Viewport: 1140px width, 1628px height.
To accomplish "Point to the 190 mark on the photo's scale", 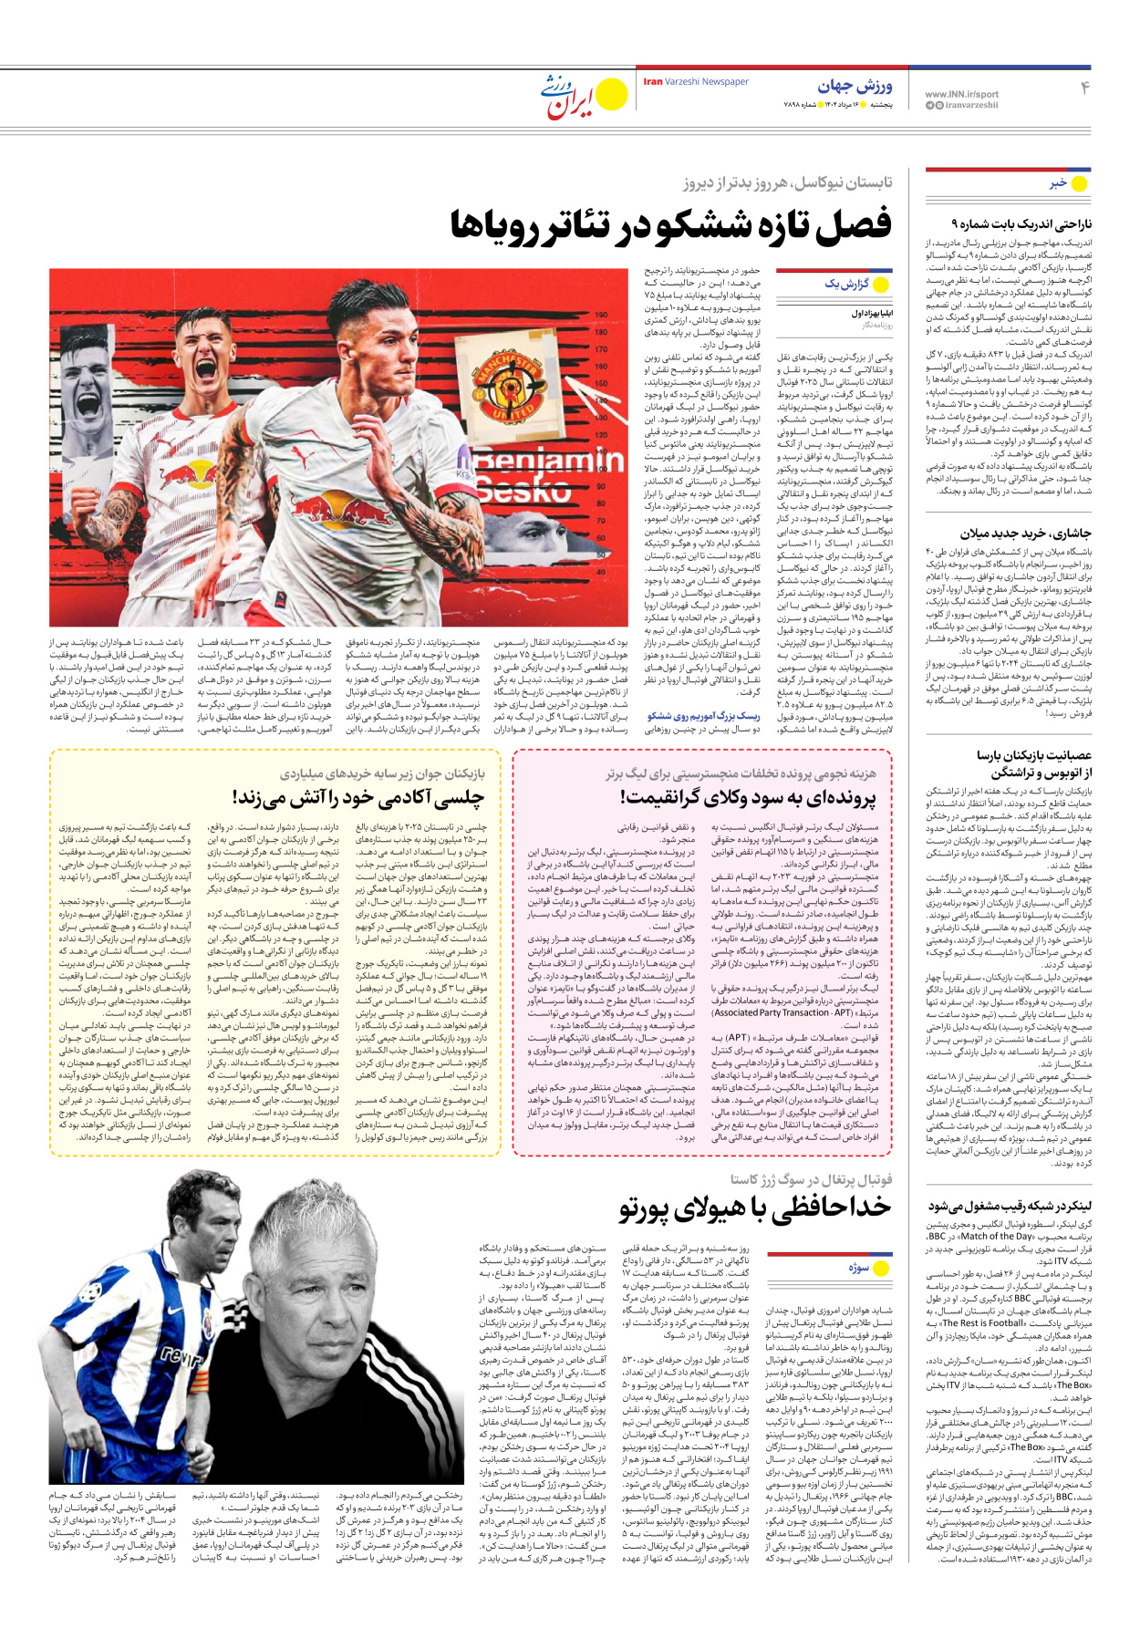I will (x=601, y=316).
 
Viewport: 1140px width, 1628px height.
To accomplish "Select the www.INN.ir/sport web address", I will (x=961, y=94).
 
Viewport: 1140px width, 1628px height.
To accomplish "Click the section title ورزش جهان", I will (x=855, y=86).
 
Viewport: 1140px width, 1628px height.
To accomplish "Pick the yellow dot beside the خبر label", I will (x=1080, y=183).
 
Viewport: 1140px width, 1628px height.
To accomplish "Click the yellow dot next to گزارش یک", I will (x=880, y=285).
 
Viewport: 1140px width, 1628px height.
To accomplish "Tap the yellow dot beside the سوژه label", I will (x=881, y=1268).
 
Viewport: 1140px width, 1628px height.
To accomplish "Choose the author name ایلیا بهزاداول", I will (x=872, y=313).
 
